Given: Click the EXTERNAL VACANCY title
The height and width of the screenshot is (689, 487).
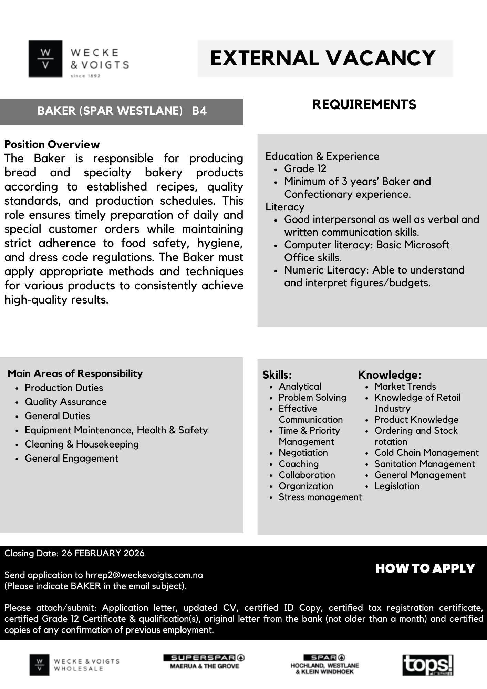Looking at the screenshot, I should pos(323,58).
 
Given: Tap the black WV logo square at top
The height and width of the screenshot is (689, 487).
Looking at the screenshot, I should pos(45,59).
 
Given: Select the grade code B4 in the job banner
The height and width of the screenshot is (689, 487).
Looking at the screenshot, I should pos(199,111).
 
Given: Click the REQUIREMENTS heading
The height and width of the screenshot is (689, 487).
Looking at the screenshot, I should pos(364,105).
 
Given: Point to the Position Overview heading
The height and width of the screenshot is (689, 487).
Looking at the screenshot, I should pos(52,144).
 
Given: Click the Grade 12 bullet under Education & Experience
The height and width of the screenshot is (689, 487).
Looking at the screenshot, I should pos(305,169).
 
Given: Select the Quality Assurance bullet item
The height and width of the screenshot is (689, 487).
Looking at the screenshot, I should pos(66,402).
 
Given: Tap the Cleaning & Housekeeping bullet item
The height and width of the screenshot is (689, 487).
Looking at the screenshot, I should pos(82,444).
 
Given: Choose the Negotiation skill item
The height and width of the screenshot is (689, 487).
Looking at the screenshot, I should pos(303,453).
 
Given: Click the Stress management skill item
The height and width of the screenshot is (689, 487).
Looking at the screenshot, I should pos(320,497).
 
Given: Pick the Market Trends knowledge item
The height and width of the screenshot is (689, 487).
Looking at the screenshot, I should pos(405,387).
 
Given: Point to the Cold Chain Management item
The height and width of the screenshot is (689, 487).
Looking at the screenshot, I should pos(426,453).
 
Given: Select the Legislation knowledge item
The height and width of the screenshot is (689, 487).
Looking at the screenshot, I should pos(397,486).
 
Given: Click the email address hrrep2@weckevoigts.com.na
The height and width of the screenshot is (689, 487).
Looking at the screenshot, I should pos(144,575).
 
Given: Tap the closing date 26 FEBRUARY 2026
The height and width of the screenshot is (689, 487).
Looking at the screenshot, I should pos(103,554).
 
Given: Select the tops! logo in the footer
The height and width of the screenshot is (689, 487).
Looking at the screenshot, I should pos(428,665).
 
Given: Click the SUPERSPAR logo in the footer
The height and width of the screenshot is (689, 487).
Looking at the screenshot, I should pos(204,658).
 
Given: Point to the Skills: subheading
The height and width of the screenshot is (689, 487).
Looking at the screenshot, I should pos(277,375).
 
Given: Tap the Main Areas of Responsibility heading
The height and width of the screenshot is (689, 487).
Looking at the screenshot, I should pos(75,373).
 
